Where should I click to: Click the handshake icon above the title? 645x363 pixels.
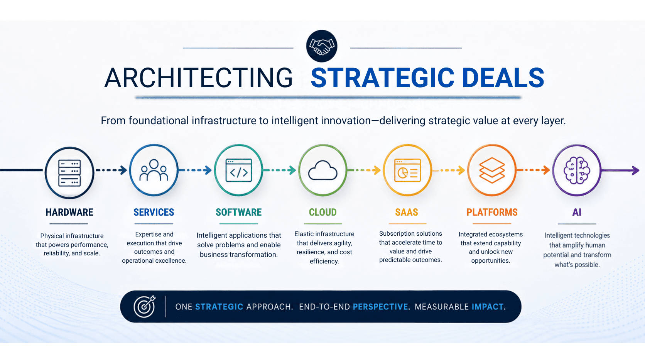pos(322,46)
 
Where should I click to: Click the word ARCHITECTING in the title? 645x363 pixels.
pos(198,78)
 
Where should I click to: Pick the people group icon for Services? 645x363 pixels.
pos(154,170)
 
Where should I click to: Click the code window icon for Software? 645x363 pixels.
pos(239,170)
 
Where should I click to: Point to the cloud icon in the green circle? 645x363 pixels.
pos(322,170)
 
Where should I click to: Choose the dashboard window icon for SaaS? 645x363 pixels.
pos(407,170)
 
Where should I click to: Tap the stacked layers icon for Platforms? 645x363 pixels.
pos(492,170)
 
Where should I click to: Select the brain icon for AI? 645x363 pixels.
pos(577,170)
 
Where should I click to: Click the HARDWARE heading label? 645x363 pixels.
pos(69,212)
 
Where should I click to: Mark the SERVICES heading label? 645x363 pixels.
pos(154,212)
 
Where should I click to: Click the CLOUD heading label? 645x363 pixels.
pos(323,212)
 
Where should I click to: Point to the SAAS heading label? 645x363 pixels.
pos(407,212)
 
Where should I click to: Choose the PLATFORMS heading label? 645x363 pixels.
pos(492,212)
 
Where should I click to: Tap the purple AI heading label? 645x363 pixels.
pos(577,212)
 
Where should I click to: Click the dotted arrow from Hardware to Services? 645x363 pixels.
pos(111,170)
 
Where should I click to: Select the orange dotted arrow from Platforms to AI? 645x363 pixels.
pos(534,170)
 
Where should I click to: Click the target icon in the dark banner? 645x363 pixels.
pos(145,306)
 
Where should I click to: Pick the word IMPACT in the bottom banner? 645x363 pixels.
pos(488,307)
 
